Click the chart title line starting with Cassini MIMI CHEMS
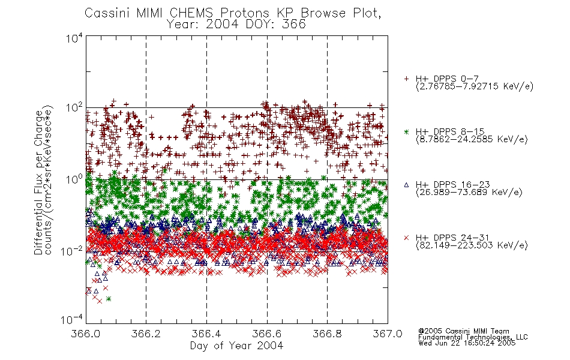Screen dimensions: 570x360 click(x=233, y=13)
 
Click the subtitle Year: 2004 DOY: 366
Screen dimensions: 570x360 click(x=236, y=25)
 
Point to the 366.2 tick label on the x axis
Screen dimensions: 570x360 click(x=146, y=334)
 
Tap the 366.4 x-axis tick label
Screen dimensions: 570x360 click(x=206, y=334)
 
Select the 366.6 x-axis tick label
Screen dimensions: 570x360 click(x=267, y=334)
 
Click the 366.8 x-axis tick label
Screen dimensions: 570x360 click(x=327, y=334)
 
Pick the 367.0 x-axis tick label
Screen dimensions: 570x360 click(x=388, y=334)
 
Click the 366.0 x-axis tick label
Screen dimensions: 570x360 click(x=86, y=334)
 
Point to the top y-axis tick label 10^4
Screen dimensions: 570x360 click(x=74, y=38)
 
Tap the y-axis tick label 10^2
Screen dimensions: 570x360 click(x=74, y=108)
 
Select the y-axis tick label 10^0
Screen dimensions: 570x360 click(x=74, y=179)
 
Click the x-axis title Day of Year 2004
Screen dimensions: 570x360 click(x=236, y=346)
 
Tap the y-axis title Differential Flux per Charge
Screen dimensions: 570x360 click(x=38, y=182)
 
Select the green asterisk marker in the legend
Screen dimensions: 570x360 click(x=406, y=132)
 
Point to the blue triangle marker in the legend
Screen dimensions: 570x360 click(x=406, y=185)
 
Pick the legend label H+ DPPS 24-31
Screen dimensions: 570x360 click(x=452, y=238)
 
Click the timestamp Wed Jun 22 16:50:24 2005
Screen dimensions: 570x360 click(x=467, y=343)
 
